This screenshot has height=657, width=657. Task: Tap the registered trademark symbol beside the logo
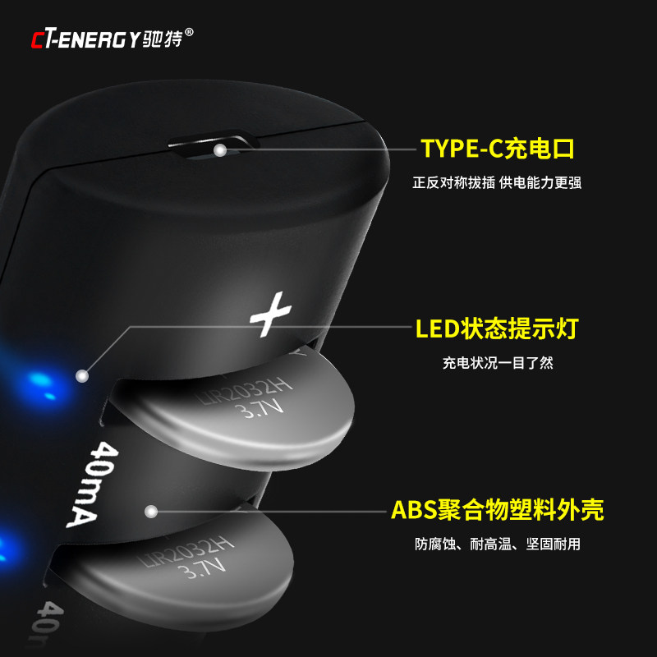point(191,33)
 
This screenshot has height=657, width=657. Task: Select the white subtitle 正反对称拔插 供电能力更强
point(497,182)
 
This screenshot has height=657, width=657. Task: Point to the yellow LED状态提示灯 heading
point(497,329)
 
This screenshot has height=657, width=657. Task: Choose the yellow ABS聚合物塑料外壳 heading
point(497,510)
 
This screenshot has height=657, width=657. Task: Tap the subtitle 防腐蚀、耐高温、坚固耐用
point(498,544)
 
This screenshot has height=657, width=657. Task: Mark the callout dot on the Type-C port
point(220,150)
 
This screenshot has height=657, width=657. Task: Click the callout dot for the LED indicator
point(81,375)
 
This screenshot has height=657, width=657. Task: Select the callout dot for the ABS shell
point(151,512)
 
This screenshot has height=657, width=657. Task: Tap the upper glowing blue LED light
point(39,382)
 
